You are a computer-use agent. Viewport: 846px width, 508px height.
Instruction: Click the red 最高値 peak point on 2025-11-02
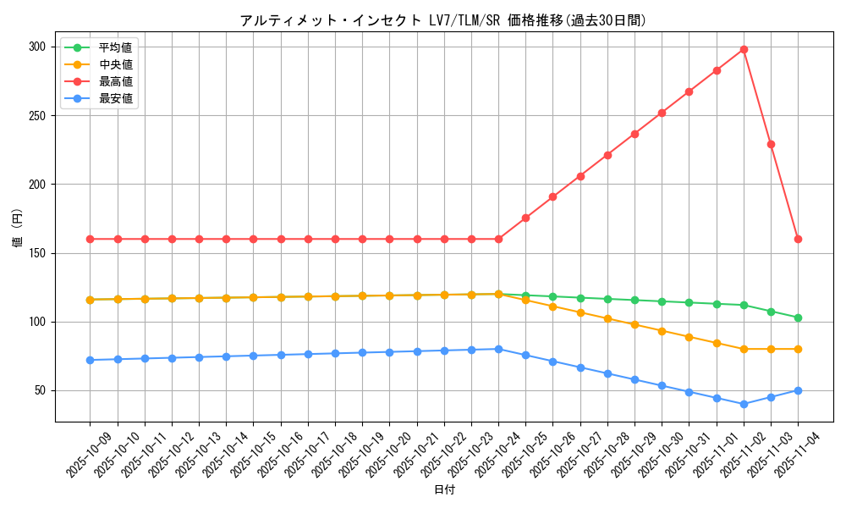pyautogui.click(x=744, y=49)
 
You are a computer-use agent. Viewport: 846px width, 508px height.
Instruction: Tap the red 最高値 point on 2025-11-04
pyautogui.click(x=798, y=239)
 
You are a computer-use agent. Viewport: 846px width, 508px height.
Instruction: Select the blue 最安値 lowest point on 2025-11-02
pyautogui.click(x=744, y=404)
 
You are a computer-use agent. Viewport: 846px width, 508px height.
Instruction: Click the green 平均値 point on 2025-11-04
pyautogui.click(x=798, y=317)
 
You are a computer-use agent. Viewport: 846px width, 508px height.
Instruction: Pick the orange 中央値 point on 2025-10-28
pyautogui.click(x=607, y=318)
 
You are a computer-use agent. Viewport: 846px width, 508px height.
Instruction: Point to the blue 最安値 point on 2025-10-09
pyautogui.click(x=90, y=360)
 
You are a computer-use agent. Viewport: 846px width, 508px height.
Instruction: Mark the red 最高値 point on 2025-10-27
pyautogui.click(x=580, y=176)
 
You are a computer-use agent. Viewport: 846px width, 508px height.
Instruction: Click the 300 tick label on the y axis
pyautogui.click(x=36, y=47)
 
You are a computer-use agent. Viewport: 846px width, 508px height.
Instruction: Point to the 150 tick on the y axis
pyautogui.click(x=36, y=253)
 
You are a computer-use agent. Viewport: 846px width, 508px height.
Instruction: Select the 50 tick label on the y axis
pyautogui.click(x=38, y=391)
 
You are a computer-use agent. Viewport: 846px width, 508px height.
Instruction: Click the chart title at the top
pyautogui.click(x=442, y=20)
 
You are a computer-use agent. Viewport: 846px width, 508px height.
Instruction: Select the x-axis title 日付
pyautogui.click(x=444, y=490)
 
